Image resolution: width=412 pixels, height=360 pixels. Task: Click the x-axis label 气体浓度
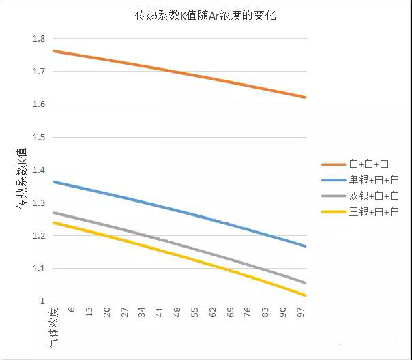(53, 327)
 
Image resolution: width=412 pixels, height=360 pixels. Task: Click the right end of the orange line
(306, 97)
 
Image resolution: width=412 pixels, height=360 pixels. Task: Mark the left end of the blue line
(53, 182)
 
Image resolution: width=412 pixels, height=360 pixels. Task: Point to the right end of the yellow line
(306, 295)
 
